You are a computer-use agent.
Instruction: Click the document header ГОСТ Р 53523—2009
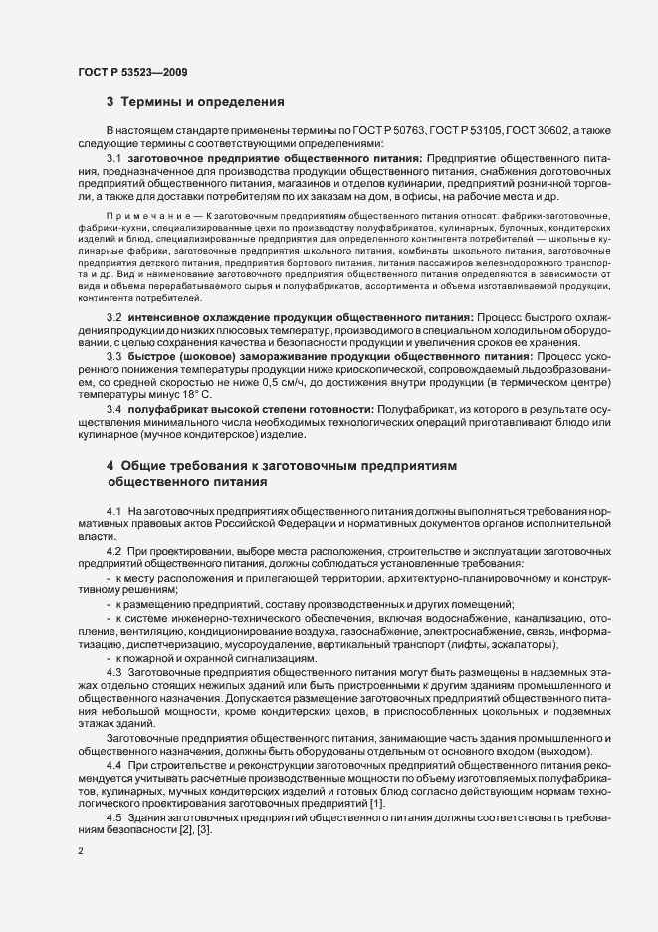pyautogui.click(x=131, y=72)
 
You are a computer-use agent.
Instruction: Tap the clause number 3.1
pyautogui.click(x=114, y=158)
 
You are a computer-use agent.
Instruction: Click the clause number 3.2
pyautogui.click(x=114, y=316)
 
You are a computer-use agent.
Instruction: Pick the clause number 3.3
pyautogui.click(x=114, y=355)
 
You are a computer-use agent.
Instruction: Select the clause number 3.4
pyautogui.click(x=114, y=408)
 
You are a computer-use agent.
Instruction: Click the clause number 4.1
pyautogui.click(x=114, y=510)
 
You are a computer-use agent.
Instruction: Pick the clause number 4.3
pyautogui.click(x=114, y=672)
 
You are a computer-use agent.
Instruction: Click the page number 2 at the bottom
pyautogui.click(x=81, y=851)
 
